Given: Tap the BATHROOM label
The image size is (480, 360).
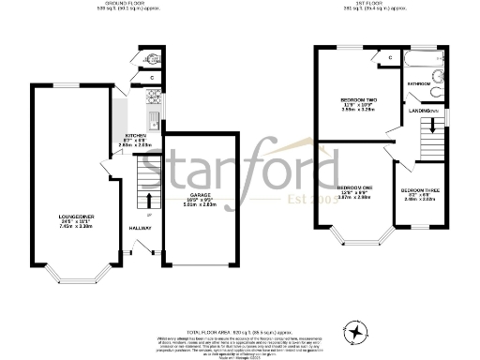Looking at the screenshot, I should (x=419, y=84).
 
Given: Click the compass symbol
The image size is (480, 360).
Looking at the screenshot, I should (x=357, y=331).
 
